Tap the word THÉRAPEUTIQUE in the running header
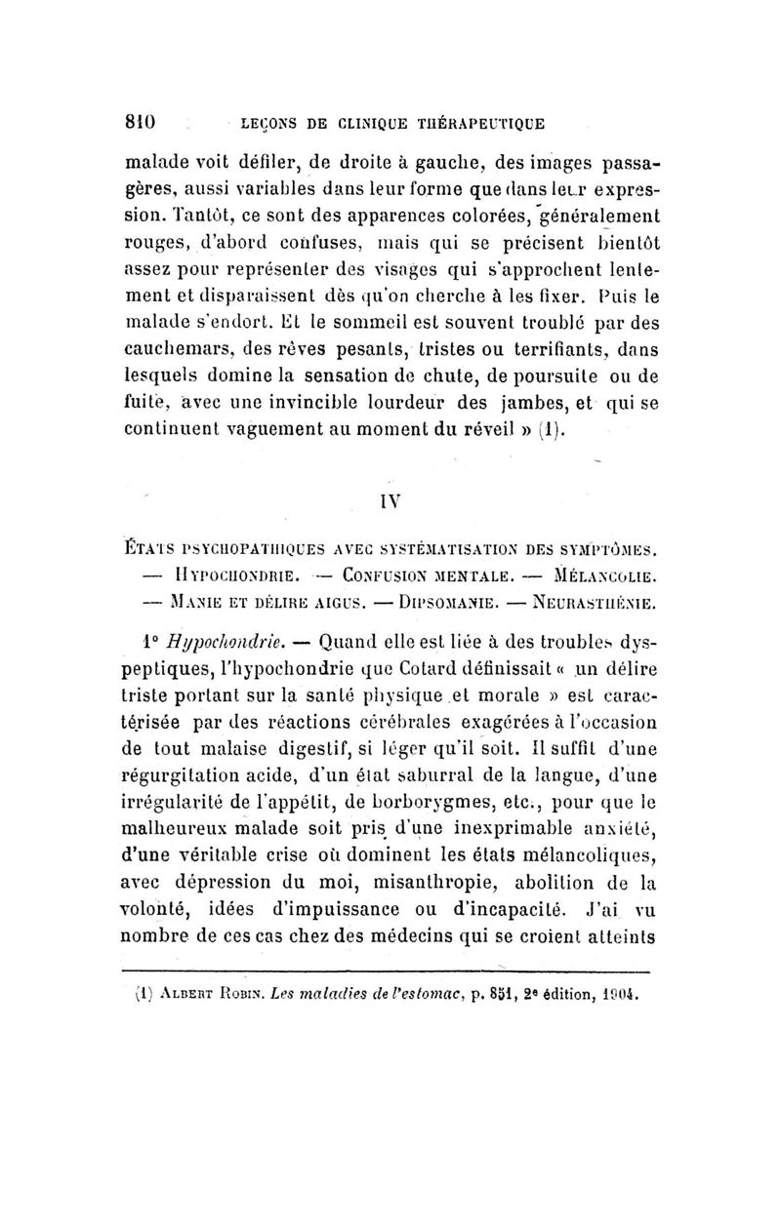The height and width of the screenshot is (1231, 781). (x=474, y=125)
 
